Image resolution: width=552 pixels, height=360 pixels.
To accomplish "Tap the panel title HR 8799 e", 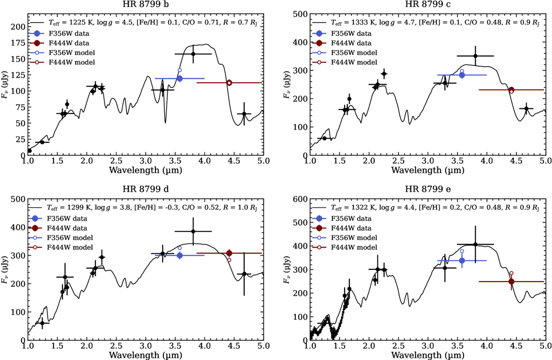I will pyautogui.click(x=427, y=189).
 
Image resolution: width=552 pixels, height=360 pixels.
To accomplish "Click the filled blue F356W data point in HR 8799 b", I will pyautogui.click(x=179, y=79).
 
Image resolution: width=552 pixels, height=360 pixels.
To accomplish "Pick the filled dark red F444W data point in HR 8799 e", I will pyautogui.click(x=511, y=281).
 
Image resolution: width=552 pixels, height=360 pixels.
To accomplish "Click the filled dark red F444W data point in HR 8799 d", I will pyautogui.click(x=229, y=253).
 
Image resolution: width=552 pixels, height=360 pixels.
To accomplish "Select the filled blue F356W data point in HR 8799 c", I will pyautogui.click(x=462, y=75).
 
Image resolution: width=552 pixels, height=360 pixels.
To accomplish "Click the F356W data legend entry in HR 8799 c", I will pyautogui.click(x=351, y=33).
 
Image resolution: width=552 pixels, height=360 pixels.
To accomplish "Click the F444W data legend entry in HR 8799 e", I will pyautogui.click(x=351, y=228).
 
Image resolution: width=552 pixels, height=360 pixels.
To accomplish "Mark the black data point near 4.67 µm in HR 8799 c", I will pyautogui.click(x=526, y=108).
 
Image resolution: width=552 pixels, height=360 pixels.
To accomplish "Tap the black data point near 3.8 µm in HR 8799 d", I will pyautogui.click(x=193, y=232).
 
